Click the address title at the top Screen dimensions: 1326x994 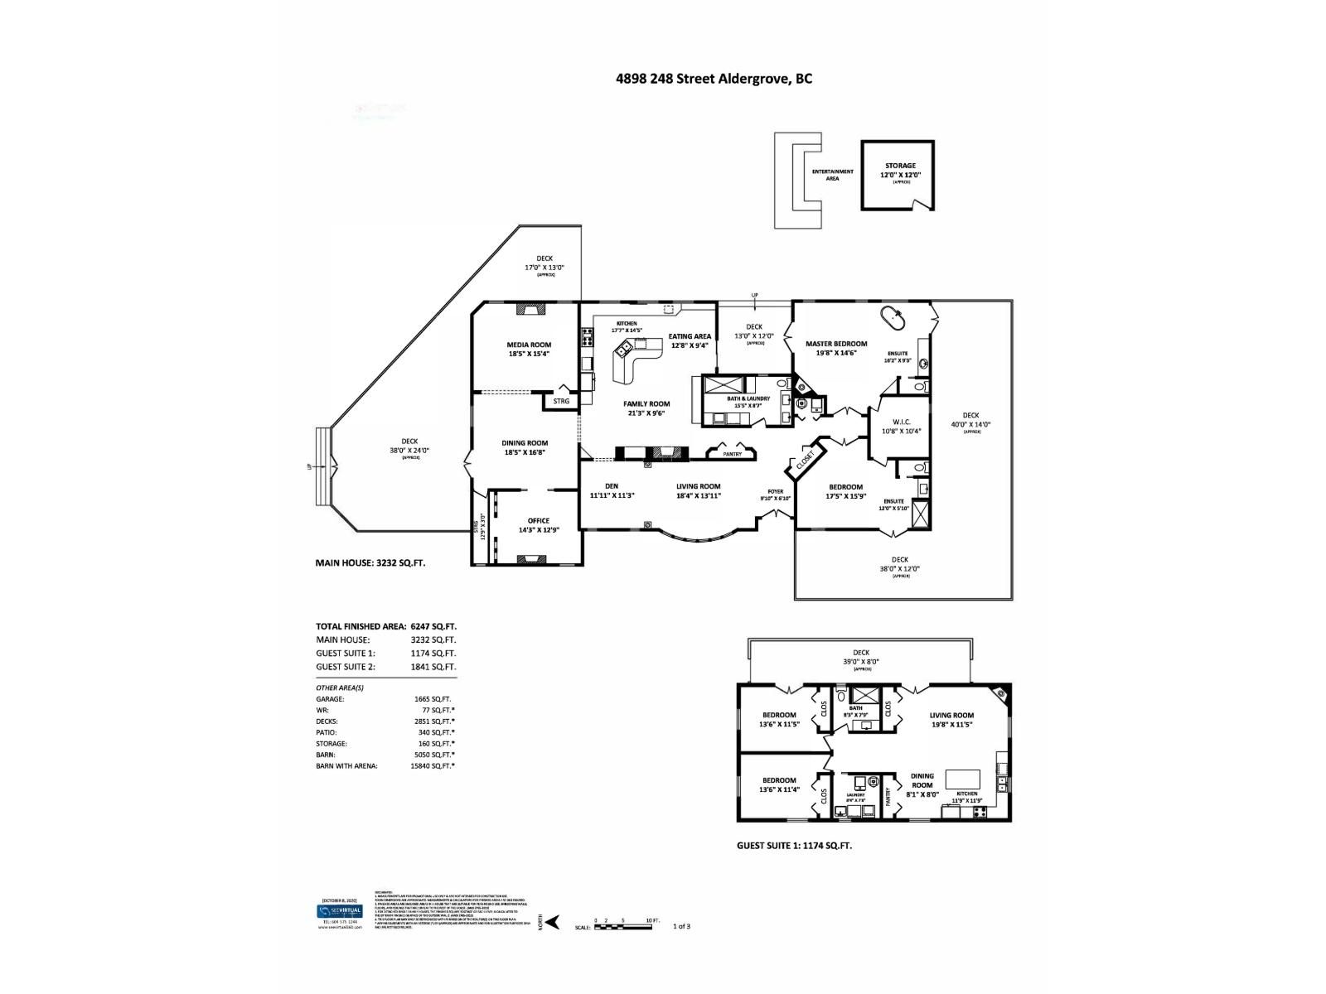coord(713,79)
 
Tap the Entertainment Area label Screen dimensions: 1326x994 coord(832,175)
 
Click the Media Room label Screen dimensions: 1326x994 coord(529,349)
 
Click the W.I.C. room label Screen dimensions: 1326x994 coord(902,426)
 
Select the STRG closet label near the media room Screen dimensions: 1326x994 coord(561,402)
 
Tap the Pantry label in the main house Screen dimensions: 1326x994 coord(731,454)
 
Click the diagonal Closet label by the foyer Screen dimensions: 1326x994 coord(805,462)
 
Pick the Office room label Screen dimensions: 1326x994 coord(538,525)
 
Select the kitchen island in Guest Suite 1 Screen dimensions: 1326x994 coord(962,779)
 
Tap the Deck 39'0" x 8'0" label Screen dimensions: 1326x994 coord(860,657)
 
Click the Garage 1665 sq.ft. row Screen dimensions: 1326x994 coord(385,699)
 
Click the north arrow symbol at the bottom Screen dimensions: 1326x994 coord(552,921)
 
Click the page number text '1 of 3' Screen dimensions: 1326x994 coord(681,926)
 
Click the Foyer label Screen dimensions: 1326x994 coord(776,495)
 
